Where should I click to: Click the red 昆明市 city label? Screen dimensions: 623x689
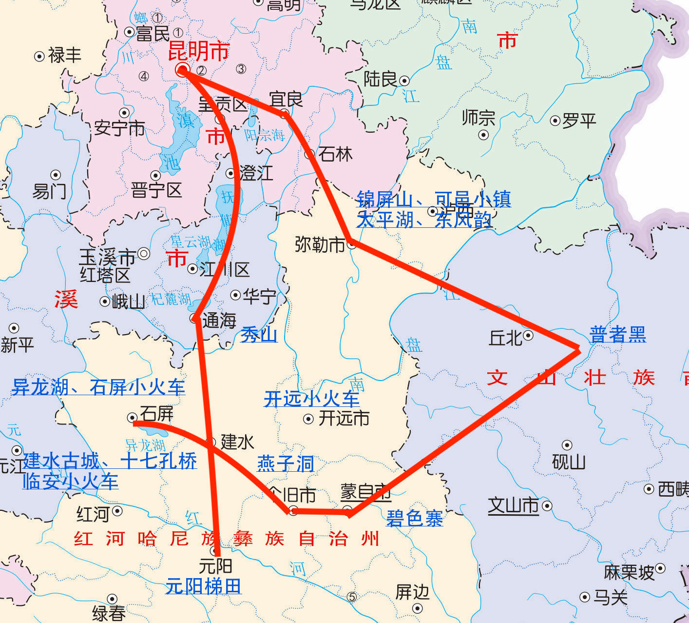pos(198,51)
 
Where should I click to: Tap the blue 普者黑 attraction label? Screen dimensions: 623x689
pos(617,335)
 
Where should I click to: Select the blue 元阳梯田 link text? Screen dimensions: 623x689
pos(203,586)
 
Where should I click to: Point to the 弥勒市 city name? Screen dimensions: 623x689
pos(320,244)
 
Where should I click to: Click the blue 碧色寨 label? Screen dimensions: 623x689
pos(414,518)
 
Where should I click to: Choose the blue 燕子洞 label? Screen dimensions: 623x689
pos(285,463)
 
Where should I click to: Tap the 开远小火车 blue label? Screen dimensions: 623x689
pos(311,399)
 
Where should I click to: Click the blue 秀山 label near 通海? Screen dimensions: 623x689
pos(259,335)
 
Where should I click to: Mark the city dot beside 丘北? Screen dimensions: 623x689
pos(528,335)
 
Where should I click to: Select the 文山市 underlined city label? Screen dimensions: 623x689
pos(513,505)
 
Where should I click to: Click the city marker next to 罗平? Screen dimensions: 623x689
pos(555,121)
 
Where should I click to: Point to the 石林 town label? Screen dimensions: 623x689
pos(335,154)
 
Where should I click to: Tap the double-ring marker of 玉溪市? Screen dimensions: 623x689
pos(144,254)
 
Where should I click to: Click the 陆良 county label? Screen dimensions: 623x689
pos(381,79)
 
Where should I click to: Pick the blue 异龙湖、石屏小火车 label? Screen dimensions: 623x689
pos(98,387)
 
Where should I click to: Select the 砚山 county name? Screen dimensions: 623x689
pos(568,462)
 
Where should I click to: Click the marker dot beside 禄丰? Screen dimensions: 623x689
pos(39,57)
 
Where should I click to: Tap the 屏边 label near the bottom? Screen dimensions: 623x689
pos(412,592)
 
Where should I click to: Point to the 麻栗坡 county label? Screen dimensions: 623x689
pos(629,572)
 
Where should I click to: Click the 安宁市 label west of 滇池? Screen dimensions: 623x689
pos(120,128)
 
